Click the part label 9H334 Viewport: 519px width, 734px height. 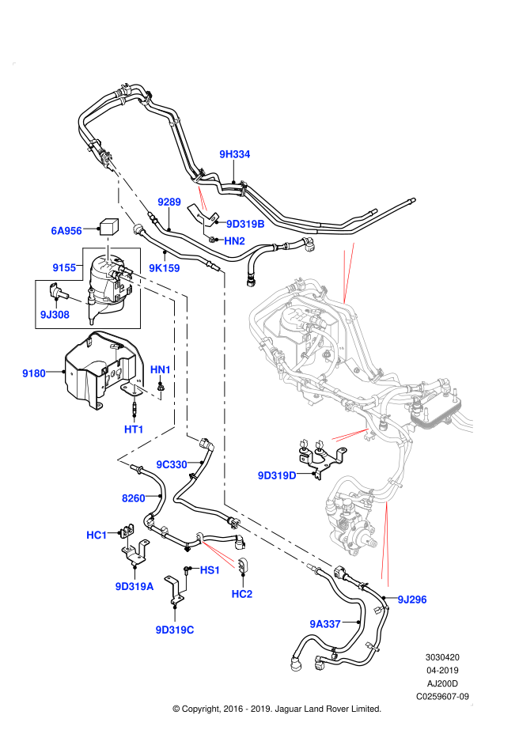point(235,154)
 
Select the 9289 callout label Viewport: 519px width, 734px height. point(169,202)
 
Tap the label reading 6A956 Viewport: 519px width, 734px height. point(66,231)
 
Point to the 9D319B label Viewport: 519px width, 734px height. point(245,224)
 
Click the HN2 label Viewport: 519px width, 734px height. point(235,241)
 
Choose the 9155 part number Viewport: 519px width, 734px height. point(64,268)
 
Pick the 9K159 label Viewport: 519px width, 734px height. point(165,268)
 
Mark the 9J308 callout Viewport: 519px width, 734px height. point(55,315)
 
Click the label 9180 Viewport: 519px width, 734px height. point(34,373)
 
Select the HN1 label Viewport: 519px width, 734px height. point(161,370)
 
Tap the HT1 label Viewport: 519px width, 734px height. point(134,429)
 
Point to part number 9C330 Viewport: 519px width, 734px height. point(172,465)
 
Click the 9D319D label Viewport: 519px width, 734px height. point(277,475)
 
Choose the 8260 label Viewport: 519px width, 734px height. point(134,498)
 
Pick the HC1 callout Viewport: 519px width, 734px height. point(97,535)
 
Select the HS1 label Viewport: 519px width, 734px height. point(210,570)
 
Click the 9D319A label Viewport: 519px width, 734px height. point(134,587)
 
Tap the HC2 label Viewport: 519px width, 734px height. point(242,594)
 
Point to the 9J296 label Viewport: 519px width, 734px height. point(412,600)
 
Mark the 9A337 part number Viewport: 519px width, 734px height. point(325,624)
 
